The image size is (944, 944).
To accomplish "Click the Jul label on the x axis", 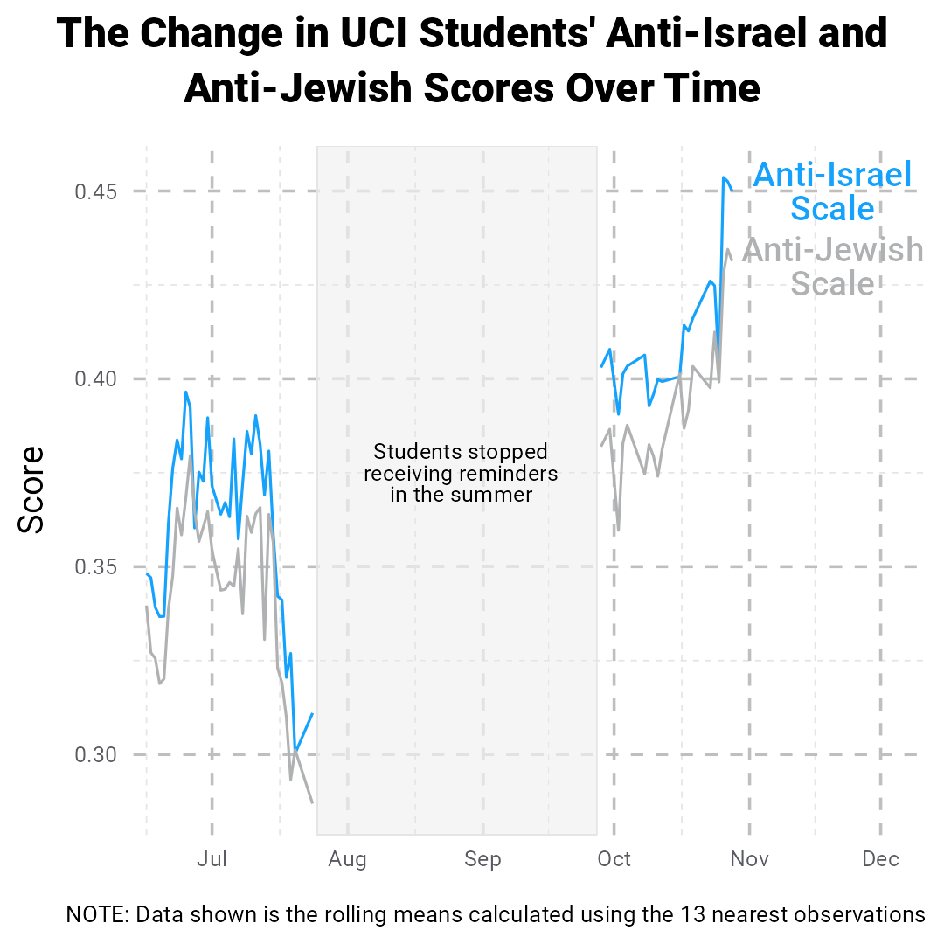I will tap(212, 859).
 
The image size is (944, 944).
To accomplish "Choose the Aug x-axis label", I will tap(348, 859).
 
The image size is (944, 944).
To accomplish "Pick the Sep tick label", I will tap(483, 859).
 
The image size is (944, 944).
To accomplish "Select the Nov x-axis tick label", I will tap(750, 859).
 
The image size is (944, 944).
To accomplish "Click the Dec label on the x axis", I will tap(880, 859).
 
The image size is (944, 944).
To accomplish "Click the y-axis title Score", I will tap(32, 489).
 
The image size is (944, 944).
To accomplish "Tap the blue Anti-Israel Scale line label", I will tap(833, 191).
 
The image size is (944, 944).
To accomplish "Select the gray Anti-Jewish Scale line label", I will tap(833, 267).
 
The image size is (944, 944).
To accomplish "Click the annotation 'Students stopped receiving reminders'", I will tap(461, 473).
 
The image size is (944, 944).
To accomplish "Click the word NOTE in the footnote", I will tap(97, 915).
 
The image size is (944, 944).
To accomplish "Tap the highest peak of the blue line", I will tap(724, 177).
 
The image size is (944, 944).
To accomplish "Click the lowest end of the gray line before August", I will tap(312, 802).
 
